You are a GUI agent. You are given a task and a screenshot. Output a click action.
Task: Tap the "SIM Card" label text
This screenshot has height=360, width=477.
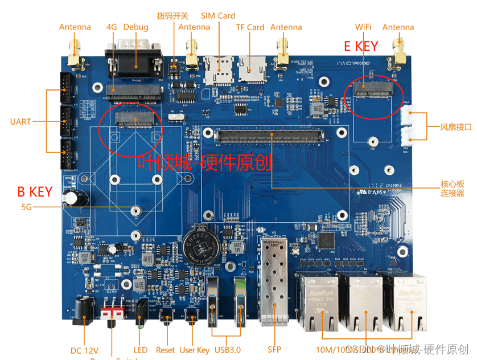(218, 16)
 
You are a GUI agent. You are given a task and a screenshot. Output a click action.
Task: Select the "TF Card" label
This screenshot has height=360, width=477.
(250, 27)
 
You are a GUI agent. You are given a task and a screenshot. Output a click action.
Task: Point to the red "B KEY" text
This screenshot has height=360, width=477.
(35, 192)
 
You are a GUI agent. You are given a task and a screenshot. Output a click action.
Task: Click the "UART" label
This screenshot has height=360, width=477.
(21, 121)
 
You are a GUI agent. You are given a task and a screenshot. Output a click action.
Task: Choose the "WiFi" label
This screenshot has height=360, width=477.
(364, 27)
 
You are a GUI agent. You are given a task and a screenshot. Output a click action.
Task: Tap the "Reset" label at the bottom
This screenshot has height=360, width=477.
(166, 350)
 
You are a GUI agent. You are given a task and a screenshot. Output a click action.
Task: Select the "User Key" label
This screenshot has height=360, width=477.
(195, 350)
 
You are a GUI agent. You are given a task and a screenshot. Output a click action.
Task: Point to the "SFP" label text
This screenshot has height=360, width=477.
(274, 350)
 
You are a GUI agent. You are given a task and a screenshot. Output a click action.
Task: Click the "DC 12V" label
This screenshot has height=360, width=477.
(85, 350)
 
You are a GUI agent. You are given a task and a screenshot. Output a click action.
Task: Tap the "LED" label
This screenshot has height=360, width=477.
(141, 350)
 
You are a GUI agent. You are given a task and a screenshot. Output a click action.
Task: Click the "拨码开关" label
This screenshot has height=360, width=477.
(172, 15)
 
